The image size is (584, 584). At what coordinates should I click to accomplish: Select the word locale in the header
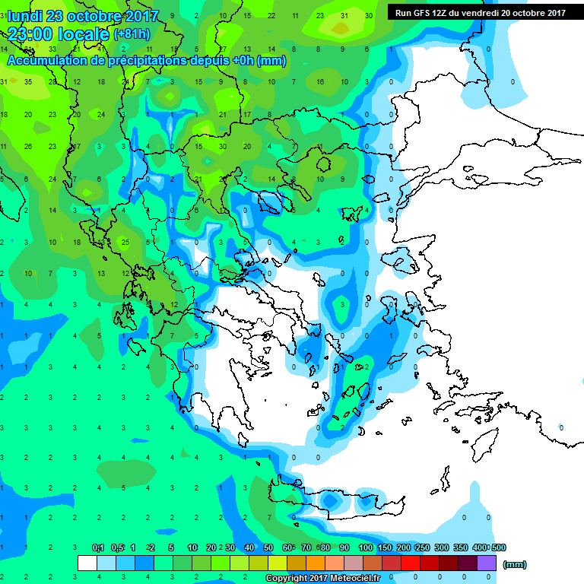(x=84, y=33)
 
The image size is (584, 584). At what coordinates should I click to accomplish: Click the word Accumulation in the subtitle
(x=47, y=60)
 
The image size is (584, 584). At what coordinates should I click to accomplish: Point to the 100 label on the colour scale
(x=365, y=547)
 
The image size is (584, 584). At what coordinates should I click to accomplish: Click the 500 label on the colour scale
(x=498, y=547)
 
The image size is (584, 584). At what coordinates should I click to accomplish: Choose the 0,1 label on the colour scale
(x=98, y=547)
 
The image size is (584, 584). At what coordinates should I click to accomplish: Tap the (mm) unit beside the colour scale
(x=515, y=564)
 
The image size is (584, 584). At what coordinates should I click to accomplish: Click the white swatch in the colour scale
(x=87, y=563)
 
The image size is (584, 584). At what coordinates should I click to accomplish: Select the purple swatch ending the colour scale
(x=487, y=563)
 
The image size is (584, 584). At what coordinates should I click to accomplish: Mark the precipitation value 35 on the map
(x=28, y=81)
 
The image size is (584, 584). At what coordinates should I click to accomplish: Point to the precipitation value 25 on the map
(x=125, y=242)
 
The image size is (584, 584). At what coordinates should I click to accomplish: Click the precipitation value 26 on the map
(x=28, y=146)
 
